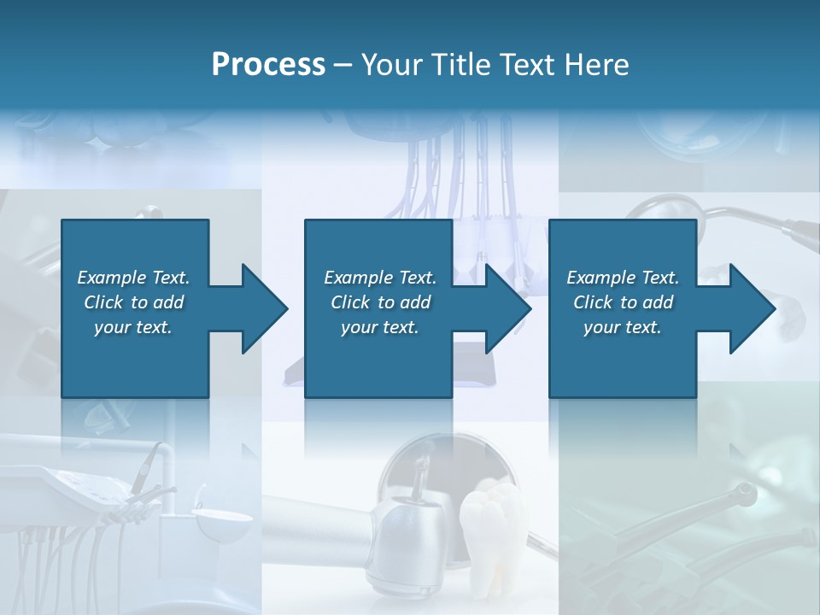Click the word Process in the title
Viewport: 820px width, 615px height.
(x=268, y=65)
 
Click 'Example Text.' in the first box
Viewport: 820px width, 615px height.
(x=133, y=278)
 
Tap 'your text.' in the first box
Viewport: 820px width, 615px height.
(x=133, y=327)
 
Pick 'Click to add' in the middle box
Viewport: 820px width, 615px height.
(x=380, y=302)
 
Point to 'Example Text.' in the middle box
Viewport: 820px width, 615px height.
(x=380, y=278)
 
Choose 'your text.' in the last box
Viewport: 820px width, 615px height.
(x=623, y=327)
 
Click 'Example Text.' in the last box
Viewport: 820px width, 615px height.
(x=623, y=278)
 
